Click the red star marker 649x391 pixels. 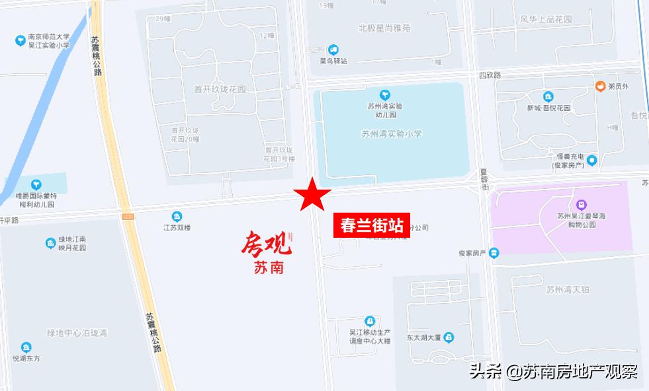pos(313,196)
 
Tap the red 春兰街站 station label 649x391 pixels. pos(371,225)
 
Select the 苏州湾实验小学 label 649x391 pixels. pos(391,133)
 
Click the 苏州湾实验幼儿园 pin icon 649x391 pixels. pos(385,95)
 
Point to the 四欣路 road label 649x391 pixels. pos(490,76)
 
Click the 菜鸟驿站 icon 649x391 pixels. pos(334,50)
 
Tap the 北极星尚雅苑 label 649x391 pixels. pos(384,28)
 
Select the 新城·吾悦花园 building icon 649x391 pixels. pos(548,97)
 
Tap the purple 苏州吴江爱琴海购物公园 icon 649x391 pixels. pos(581,203)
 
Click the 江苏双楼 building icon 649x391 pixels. pos(177,217)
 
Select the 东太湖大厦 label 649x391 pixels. pos(425,338)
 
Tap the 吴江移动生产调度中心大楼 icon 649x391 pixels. pos(370,320)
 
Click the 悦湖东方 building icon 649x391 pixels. pos(26,347)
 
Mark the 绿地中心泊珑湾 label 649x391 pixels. pos(77,332)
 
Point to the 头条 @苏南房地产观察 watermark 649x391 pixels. pos(553,371)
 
